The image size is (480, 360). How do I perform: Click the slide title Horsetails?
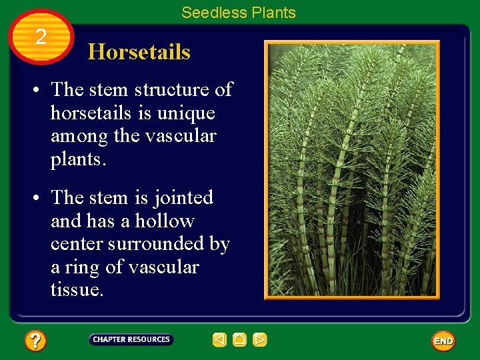(x=139, y=52)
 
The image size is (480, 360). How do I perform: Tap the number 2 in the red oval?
(x=41, y=37)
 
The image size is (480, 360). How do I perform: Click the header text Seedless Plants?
(x=238, y=13)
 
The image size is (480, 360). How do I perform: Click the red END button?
(x=443, y=341)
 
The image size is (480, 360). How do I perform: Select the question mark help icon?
(x=35, y=341)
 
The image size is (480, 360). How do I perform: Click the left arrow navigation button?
(x=220, y=340)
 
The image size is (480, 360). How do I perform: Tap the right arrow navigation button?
(x=260, y=340)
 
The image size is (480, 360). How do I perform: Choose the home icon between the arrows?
(x=240, y=340)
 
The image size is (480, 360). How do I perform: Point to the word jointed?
(x=183, y=198)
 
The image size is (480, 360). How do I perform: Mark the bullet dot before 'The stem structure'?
(x=41, y=90)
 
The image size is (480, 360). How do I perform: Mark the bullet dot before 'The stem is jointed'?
(x=41, y=199)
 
